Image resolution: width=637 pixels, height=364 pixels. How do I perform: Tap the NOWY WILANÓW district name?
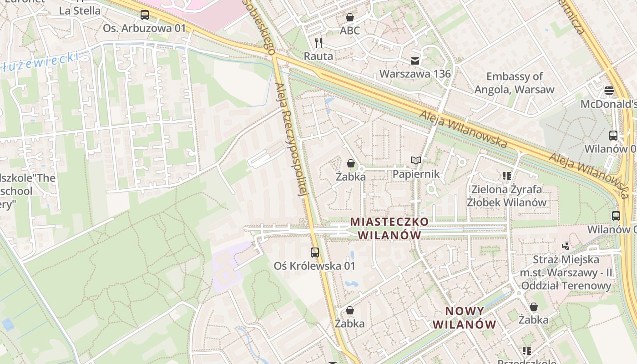pyautogui.click(x=464, y=318)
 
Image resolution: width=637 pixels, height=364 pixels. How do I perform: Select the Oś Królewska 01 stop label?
pyautogui.click(x=314, y=266)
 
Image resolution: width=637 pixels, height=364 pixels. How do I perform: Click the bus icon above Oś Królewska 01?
pyautogui.click(x=315, y=252)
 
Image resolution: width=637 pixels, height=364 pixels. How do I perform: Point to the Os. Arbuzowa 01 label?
pyautogui.click(x=144, y=28)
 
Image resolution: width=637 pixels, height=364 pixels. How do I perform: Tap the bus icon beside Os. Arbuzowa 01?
pyautogui.click(x=145, y=15)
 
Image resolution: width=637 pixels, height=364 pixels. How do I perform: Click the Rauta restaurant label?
pyautogui.click(x=318, y=56)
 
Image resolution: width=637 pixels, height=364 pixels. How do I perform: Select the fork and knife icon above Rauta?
pyautogui.click(x=318, y=43)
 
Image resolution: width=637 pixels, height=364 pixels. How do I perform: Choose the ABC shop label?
pyautogui.click(x=350, y=31)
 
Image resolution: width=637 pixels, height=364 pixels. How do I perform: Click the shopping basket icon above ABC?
pyautogui.click(x=350, y=18)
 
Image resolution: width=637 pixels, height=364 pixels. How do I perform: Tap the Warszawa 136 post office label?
pyautogui.click(x=415, y=74)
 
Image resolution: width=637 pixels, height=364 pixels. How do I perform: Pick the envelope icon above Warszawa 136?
pyautogui.click(x=415, y=61)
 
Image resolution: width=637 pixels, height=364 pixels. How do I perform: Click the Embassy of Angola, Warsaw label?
pyautogui.click(x=515, y=83)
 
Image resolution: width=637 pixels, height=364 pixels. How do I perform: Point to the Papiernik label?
pyautogui.click(x=416, y=174)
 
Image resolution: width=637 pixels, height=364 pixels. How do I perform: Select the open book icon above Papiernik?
pyautogui.click(x=416, y=160)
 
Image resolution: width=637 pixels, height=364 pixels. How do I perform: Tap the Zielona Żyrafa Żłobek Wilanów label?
pyautogui.click(x=507, y=196)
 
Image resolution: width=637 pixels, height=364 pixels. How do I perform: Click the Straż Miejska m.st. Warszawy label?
pyautogui.click(x=566, y=273)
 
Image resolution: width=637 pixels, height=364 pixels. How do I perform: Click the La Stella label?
pyautogui.click(x=80, y=10)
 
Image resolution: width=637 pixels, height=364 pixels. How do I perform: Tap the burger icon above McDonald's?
pyautogui.click(x=609, y=90)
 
